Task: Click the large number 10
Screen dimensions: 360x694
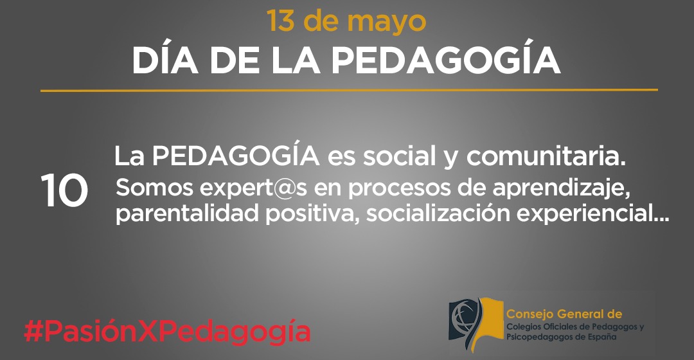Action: tap(64, 191)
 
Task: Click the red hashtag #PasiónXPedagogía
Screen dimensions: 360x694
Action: tap(167, 332)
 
